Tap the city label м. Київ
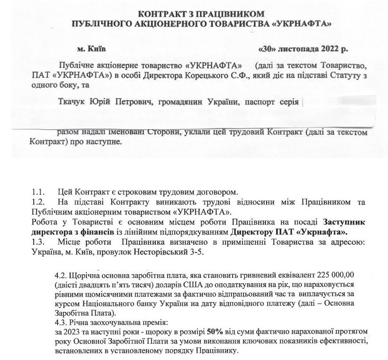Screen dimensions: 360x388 click(92, 49)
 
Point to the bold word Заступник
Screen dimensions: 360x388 click(344, 222)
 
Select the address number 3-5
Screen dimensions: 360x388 click(197, 252)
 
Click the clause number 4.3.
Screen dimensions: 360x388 click(61, 323)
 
